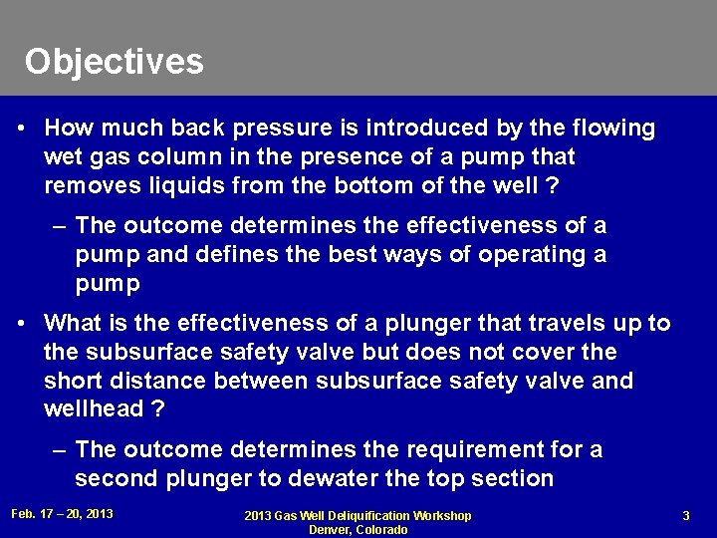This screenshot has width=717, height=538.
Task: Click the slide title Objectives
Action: (x=115, y=62)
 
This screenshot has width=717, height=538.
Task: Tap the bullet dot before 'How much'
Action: (x=22, y=130)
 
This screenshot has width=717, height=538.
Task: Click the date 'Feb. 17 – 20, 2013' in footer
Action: (x=61, y=514)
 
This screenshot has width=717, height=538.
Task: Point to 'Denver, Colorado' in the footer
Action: (x=358, y=529)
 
